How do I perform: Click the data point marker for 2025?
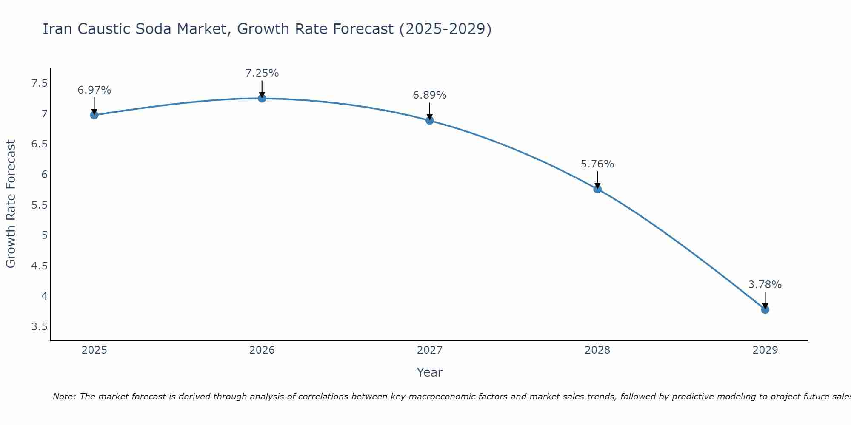[x=94, y=115]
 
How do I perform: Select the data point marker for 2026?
[x=262, y=99]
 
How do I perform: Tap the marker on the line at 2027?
[x=430, y=121]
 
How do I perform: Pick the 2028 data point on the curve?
[x=597, y=189]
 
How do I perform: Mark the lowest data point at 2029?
[x=765, y=310]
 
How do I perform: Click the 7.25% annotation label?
[x=262, y=73]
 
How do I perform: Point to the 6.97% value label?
[x=94, y=90]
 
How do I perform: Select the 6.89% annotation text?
[x=430, y=95]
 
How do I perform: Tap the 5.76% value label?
[x=597, y=164]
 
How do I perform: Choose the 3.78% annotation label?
[x=765, y=285]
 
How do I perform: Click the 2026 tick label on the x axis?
[x=262, y=350]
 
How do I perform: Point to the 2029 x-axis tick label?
[x=765, y=350]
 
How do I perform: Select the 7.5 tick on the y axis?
[x=39, y=83]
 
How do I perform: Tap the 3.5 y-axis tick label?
[x=39, y=327]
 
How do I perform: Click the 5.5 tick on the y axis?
[x=39, y=205]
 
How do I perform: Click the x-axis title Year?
[x=430, y=372]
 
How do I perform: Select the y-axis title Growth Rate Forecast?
[x=11, y=204]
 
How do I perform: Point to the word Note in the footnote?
[x=63, y=397]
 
